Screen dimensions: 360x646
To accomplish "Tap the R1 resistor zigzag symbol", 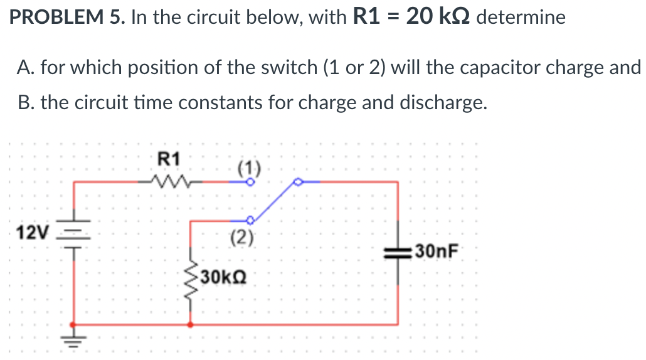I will point(167,182).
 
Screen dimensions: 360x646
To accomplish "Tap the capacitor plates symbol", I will point(398,253).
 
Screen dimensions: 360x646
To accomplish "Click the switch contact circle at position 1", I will point(250,183).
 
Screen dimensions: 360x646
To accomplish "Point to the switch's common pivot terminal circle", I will point(299,182).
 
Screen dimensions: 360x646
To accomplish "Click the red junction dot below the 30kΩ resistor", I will point(190,324).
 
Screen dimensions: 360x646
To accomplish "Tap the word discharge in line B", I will point(442,102).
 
